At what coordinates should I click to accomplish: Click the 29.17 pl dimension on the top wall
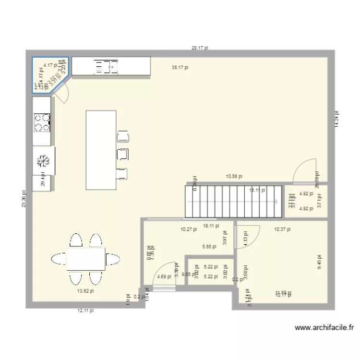(x=199, y=48)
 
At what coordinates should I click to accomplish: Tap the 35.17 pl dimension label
(x=180, y=68)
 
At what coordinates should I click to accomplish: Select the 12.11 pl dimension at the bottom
(x=85, y=311)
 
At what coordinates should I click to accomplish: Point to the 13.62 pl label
(x=85, y=291)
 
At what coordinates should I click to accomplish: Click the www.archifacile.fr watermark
(x=324, y=328)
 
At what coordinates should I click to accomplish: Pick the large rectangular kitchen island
(x=101, y=150)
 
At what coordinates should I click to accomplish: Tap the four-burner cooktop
(x=42, y=122)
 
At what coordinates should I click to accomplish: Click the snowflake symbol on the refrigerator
(x=42, y=161)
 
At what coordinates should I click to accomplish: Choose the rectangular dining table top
(x=86, y=258)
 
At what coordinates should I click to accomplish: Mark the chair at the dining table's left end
(x=58, y=258)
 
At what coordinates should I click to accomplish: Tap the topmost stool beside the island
(x=123, y=136)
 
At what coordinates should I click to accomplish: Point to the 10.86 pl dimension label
(x=234, y=177)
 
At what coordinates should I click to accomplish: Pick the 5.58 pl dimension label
(x=209, y=247)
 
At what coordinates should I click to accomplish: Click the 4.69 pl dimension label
(x=164, y=277)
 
